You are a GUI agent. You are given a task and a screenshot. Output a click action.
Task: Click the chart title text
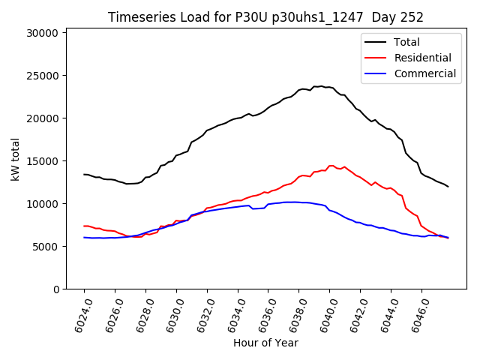point(265,17)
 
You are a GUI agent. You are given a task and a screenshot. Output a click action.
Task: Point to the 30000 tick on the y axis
point(43,33)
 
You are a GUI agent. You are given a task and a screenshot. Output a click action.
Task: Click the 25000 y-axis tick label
point(43,76)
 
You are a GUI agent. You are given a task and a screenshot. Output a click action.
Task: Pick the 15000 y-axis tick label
point(43,161)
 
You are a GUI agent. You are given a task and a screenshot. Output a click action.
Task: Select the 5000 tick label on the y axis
point(46,247)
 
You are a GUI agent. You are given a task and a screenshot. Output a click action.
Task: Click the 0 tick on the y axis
point(55,289)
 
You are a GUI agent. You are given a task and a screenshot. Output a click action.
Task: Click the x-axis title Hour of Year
point(265,343)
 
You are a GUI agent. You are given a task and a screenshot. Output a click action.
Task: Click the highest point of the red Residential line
point(331,166)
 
